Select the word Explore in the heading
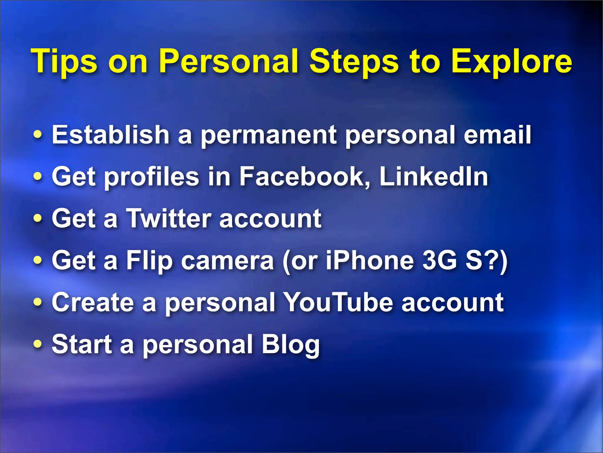click(512, 62)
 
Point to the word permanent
click(269, 136)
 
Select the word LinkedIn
click(434, 176)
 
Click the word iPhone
click(370, 260)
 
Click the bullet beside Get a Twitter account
click(38, 219)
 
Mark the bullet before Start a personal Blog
click(38, 344)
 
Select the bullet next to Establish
click(38, 135)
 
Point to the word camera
click(228, 260)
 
